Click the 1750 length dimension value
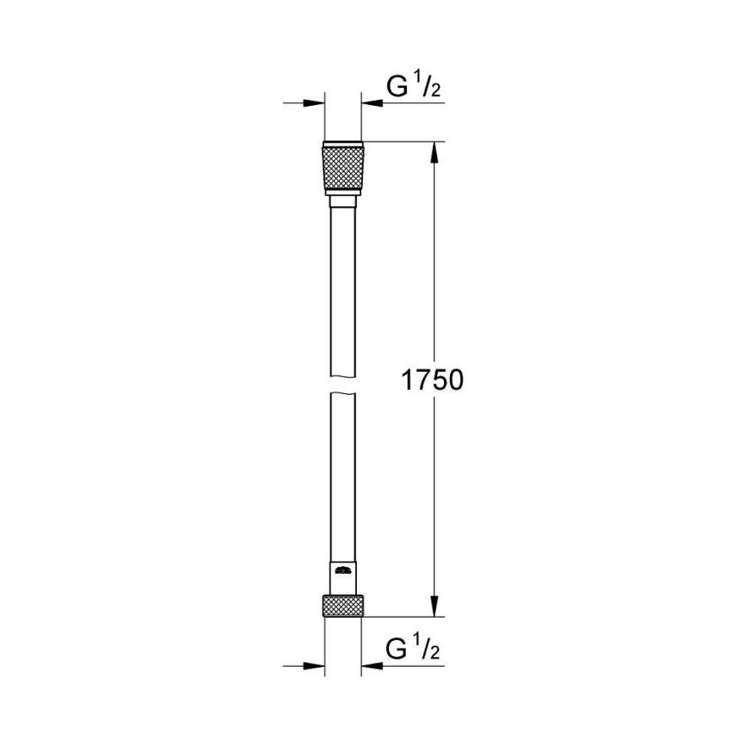[x=433, y=380]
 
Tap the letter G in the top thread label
[x=395, y=86]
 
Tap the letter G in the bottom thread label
[x=395, y=648]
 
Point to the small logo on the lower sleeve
[x=343, y=569]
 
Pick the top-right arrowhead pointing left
[x=372, y=104]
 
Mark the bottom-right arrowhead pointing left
[x=372, y=666]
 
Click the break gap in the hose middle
[x=343, y=384]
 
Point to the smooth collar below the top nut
[x=343, y=201]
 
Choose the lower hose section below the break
[x=343, y=473]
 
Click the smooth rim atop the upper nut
[x=343, y=144]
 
